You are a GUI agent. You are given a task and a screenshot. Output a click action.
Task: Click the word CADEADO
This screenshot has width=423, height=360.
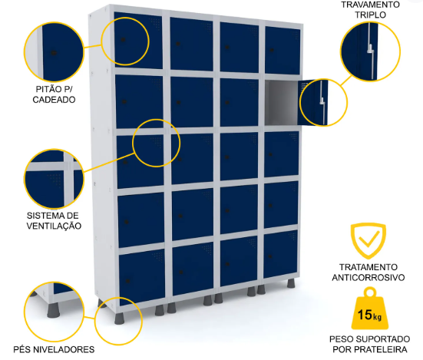(x=54, y=100)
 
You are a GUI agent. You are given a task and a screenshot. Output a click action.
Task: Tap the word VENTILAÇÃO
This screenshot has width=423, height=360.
(x=54, y=226)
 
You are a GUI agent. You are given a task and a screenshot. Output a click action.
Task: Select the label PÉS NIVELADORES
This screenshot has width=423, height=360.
(x=54, y=349)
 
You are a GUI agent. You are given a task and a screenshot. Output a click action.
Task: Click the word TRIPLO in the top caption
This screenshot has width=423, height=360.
(x=370, y=15)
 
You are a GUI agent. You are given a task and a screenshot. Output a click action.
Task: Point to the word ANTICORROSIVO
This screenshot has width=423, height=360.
(x=368, y=277)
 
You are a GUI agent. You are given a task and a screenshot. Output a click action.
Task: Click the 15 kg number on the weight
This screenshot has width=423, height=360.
(x=369, y=314)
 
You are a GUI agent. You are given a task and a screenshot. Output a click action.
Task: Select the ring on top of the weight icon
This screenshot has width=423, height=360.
(x=370, y=292)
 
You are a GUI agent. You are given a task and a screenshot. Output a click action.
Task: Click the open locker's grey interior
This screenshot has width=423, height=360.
(x=282, y=103)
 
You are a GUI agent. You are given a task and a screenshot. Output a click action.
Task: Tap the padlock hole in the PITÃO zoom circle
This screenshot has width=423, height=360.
(x=54, y=53)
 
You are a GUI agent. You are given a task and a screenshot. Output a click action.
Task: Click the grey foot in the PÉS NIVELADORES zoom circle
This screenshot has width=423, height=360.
(x=53, y=310)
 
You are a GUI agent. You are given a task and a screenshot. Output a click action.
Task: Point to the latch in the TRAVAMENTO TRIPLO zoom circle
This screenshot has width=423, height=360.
(x=371, y=49)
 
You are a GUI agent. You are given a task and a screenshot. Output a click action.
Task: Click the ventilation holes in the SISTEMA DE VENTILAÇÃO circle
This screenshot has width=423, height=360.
(x=55, y=180)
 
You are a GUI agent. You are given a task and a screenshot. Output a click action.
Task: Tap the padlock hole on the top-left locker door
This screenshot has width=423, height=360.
(x=123, y=40)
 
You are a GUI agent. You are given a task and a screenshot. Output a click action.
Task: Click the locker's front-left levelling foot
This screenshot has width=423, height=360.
(x=119, y=319)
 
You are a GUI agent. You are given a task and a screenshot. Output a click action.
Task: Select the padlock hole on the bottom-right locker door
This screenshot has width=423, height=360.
(x=270, y=256)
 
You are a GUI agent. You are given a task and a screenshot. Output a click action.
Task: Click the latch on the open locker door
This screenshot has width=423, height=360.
(x=322, y=101)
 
